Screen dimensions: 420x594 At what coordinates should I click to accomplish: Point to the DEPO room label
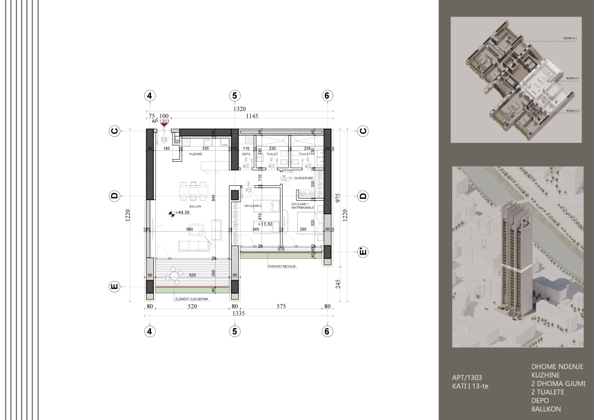(246, 154)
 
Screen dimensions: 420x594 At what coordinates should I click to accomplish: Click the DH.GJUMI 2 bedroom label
(253, 205)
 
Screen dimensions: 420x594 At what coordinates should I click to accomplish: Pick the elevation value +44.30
(184, 213)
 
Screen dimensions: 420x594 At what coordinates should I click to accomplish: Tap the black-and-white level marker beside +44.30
(172, 213)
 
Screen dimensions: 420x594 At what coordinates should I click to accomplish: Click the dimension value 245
(337, 283)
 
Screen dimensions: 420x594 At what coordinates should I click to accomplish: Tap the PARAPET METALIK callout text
(282, 267)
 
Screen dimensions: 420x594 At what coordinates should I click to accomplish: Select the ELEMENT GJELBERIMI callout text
(191, 299)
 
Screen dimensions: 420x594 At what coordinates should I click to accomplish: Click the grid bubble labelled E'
(363, 252)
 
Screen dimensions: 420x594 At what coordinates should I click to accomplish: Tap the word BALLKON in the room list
(546, 409)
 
